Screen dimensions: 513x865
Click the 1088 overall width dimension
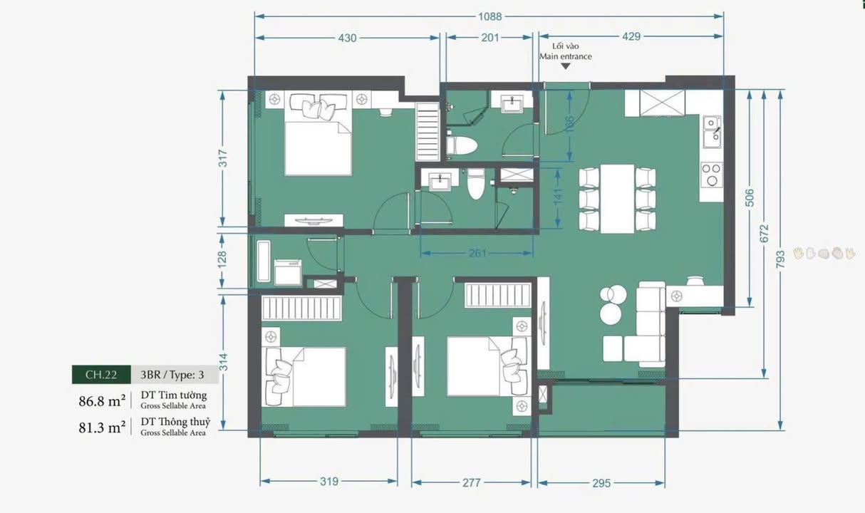point(490,16)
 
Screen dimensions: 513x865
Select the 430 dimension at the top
point(347,38)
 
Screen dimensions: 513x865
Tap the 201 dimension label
point(490,38)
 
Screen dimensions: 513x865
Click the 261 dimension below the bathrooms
point(478,253)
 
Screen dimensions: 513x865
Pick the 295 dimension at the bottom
point(601,482)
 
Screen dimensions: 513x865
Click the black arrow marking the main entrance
point(566,66)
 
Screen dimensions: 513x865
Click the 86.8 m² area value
point(102,400)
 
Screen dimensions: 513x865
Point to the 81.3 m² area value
point(102,427)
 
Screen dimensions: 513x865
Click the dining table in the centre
point(617,199)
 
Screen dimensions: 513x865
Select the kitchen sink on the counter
point(711,131)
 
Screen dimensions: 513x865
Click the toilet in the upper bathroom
point(462,145)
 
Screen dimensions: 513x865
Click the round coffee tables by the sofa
point(611,304)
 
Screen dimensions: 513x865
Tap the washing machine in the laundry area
point(288,272)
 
